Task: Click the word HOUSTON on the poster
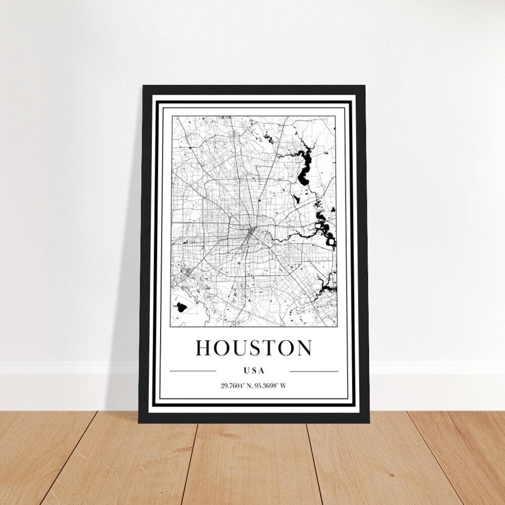[254, 348]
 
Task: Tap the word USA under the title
[254, 371]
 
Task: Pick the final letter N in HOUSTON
[304, 348]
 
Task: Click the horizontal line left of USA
[192, 371]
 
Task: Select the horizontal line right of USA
[314, 371]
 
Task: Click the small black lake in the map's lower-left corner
[180, 306]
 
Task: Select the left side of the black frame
[144, 252]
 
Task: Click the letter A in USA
[262, 371]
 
